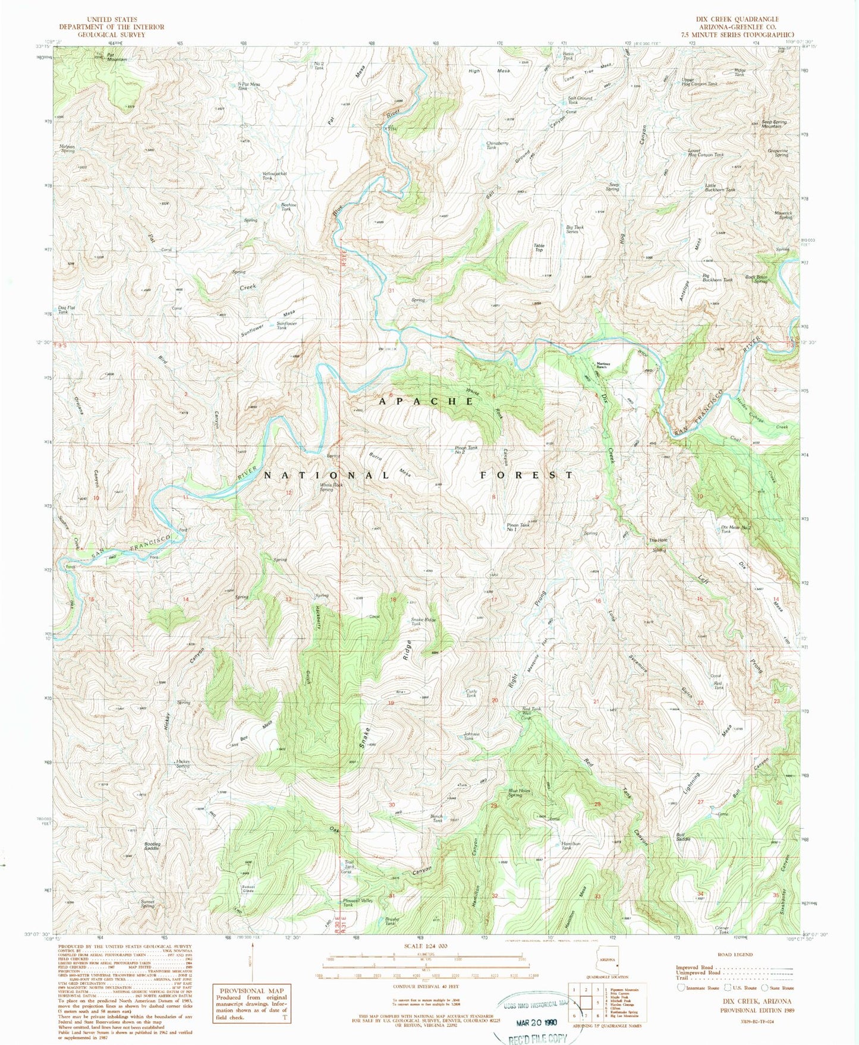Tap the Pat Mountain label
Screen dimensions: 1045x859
click(116, 58)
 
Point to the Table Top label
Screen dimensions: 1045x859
click(539, 248)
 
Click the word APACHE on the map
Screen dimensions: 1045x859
click(426, 401)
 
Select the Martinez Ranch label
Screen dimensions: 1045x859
click(604, 366)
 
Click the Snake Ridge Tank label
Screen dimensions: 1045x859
click(423, 621)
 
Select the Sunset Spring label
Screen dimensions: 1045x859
click(147, 904)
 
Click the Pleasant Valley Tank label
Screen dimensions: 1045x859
click(358, 902)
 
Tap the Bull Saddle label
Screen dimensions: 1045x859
click(683, 836)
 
